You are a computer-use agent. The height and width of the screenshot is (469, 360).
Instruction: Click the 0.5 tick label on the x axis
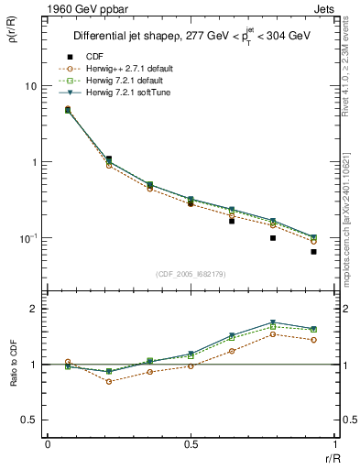click(191, 443)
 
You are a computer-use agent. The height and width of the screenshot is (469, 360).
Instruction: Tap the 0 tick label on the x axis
click(47, 443)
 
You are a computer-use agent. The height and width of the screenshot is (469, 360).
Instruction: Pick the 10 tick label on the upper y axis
click(30, 86)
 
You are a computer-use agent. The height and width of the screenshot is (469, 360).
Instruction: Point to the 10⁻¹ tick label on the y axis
click(27, 238)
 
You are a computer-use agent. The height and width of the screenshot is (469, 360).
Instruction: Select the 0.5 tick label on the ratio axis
click(29, 420)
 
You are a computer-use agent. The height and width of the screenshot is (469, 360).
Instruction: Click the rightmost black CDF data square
click(313, 251)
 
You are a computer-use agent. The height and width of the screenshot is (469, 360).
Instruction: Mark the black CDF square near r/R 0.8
click(272, 238)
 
